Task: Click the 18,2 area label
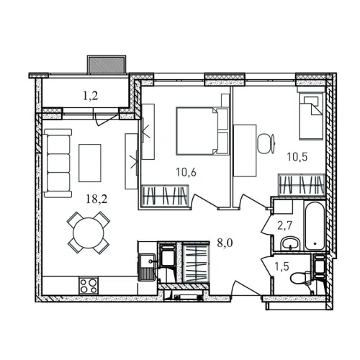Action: [96, 199]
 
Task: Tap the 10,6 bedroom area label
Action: [186, 172]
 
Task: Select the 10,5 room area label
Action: [297, 157]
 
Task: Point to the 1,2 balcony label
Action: [90, 96]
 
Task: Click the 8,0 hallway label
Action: [225, 243]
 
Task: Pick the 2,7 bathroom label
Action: [284, 226]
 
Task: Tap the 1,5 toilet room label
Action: [282, 266]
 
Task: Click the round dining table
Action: [89, 233]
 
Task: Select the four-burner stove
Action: [89, 286]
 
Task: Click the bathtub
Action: [315, 225]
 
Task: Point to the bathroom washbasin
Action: [290, 243]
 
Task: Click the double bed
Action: [202, 131]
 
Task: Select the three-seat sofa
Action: [58, 163]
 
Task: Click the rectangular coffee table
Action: [90, 163]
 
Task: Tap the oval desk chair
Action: [266, 143]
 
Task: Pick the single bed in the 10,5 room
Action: [311, 115]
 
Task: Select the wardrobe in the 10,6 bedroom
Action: [165, 195]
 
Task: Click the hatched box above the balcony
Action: [107, 64]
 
